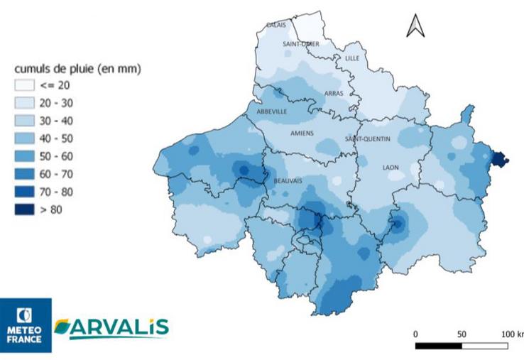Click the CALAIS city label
point(276,25)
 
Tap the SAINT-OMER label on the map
point(300,44)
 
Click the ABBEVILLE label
point(267,111)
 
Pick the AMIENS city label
point(302,133)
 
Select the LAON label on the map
point(391,168)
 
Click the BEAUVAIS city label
point(288,181)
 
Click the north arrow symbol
point(415,26)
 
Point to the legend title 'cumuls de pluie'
point(78,69)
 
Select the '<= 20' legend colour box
point(25,85)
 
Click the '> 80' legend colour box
point(25,209)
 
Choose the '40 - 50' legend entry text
point(56,138)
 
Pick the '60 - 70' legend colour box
point(25,174)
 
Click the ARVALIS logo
point(111,327)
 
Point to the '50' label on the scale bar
point(462,334)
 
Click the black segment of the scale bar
point(438,346)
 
